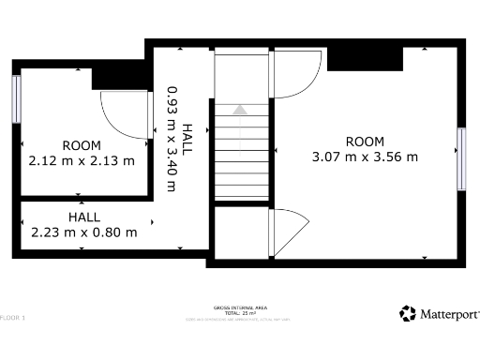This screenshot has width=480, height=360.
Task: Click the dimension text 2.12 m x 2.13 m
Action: point(82,160)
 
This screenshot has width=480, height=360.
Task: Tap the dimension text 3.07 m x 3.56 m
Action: point(365,157)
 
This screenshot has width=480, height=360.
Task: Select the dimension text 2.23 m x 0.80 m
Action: point(84,232)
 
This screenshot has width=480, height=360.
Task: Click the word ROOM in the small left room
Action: point(82,145)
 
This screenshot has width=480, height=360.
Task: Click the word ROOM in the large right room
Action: point(365,142)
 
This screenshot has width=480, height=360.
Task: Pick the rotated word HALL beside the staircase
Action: point(187,139)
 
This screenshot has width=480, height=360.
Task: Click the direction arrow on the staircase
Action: point(240,110)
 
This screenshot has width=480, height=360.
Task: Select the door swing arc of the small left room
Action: point(122,114)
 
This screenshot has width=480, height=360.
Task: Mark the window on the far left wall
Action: point(16,98)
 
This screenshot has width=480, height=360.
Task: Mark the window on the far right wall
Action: point(461,159)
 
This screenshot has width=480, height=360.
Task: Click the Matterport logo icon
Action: point(407,313)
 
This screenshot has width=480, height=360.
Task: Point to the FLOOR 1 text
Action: point(13,318)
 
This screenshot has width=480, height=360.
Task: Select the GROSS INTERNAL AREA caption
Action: point(240,307)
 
